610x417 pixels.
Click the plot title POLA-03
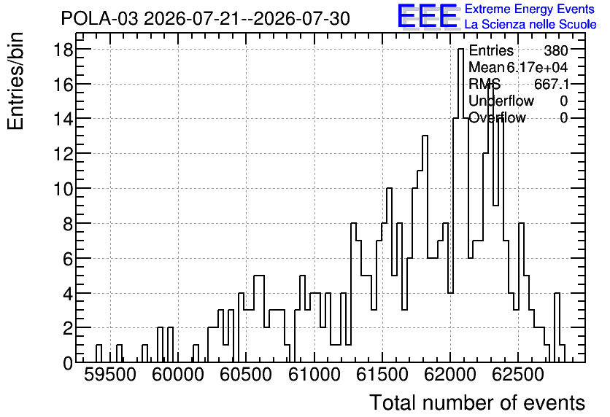(99, 18)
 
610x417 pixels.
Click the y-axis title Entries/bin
(15, 81)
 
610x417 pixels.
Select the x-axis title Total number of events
(477, 402)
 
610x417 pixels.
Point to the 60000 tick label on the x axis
(178, 375)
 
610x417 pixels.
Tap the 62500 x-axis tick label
(518, 375)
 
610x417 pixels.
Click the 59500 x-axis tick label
(110, 375)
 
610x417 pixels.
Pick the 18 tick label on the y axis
(63, 50)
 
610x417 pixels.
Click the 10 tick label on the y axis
(63, 189)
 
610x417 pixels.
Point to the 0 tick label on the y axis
(68, 363)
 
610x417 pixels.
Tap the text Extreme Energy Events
(530, 9)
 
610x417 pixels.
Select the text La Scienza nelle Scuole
(530, 24)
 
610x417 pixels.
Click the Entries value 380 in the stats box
(556, 50)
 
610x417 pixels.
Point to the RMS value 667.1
(552, 84)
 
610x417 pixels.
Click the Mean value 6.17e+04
(537, 67)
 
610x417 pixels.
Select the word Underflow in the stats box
(501, 101)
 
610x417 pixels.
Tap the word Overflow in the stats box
(497, 117)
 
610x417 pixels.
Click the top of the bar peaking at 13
(425, 136)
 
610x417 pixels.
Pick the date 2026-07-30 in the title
(302, 18)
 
